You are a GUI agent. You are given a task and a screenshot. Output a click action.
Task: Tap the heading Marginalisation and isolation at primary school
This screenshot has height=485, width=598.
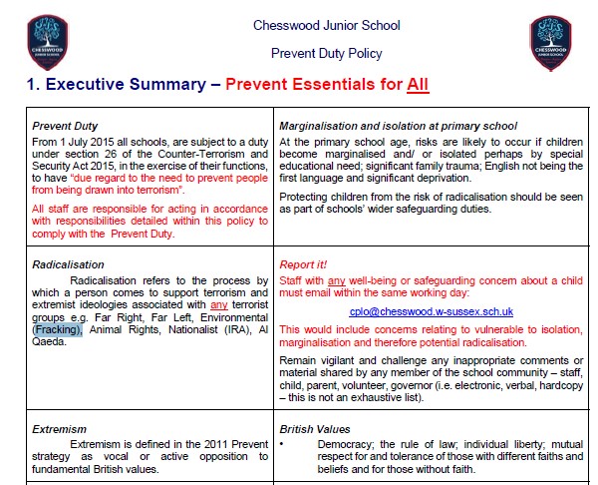pos(398,126)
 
